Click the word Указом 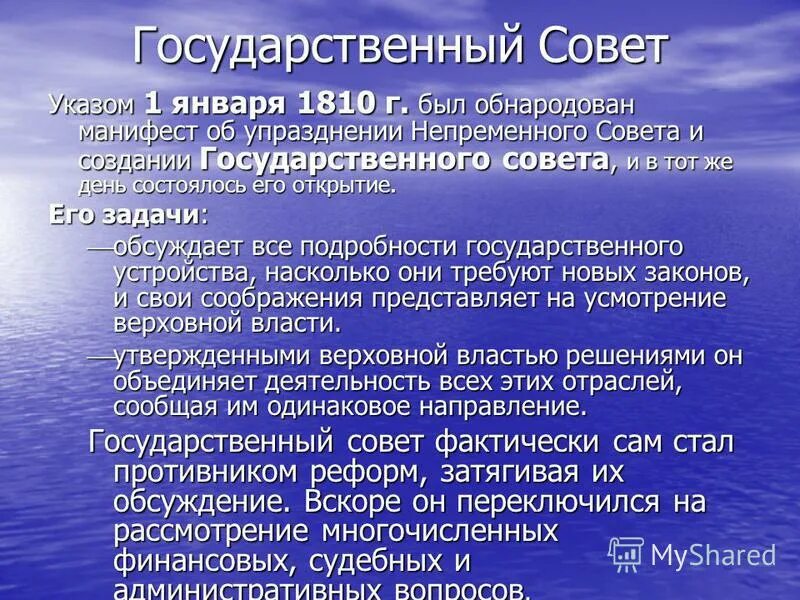coord(93,103)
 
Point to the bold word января coord(232,103)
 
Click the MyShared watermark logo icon coord(626,554)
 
